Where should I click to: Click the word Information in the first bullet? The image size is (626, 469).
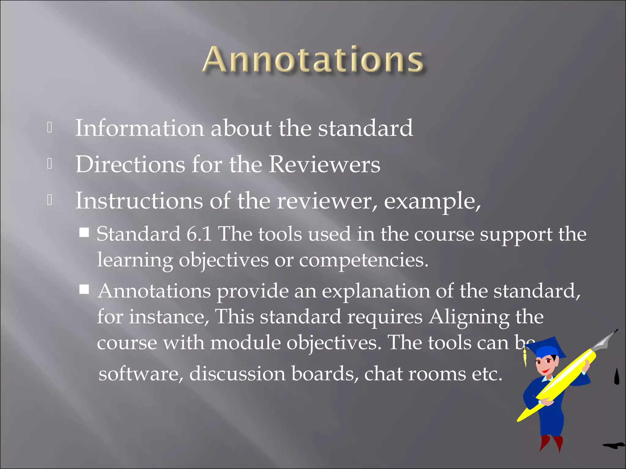point(139,128)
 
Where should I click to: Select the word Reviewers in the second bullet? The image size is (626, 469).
point(324,165)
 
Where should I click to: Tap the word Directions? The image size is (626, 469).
point(130,165)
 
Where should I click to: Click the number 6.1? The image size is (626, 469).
point(199,234)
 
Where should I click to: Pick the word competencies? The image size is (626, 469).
point(363,260)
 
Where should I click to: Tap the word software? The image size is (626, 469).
point(141,374)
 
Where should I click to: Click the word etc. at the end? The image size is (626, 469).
point(487,374)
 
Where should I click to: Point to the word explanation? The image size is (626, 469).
point(376,291)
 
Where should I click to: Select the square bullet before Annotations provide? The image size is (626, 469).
point(84,289)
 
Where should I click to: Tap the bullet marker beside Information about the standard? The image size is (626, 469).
point(50,128)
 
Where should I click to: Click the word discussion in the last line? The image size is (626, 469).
point(237,374)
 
